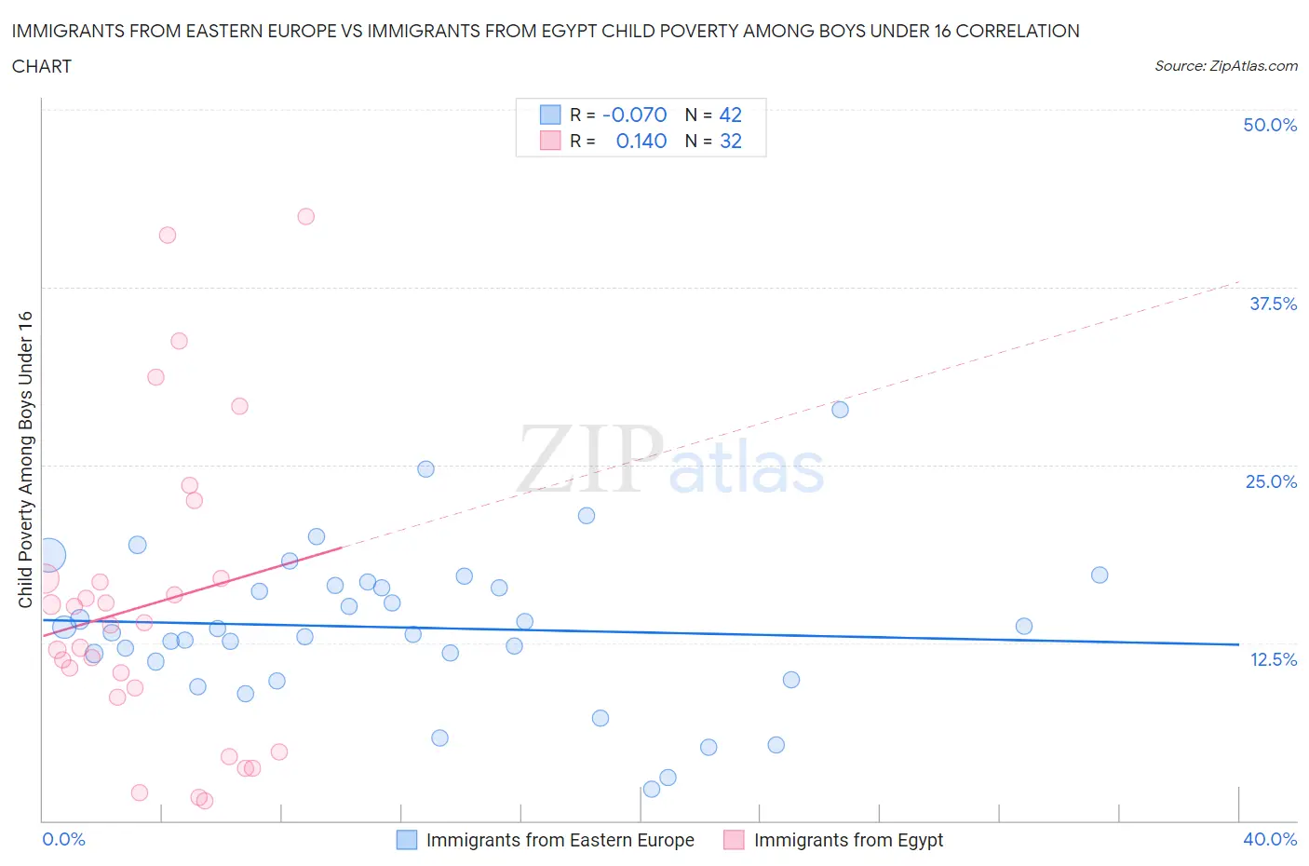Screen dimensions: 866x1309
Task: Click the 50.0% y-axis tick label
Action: [1270, 125]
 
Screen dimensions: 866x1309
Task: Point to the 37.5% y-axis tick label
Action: [1273, 304]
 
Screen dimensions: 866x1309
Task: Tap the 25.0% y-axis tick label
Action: [1271, 481]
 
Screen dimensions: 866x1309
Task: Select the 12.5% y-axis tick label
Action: [1273, 659]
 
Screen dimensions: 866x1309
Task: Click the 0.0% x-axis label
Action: [64, 839]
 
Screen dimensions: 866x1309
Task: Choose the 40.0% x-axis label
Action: [1270, 839]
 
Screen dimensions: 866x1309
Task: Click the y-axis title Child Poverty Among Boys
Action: [26, 459]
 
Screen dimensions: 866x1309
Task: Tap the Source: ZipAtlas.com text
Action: [1225, 66]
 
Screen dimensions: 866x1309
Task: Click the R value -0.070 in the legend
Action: [634, 115]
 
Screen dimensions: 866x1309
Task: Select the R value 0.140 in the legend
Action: [641, 141]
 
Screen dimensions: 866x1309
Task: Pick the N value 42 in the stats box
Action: [730, 115]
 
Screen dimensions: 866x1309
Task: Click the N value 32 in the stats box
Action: [730, 141]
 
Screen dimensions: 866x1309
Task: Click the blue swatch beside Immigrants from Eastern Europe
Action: [407, 840]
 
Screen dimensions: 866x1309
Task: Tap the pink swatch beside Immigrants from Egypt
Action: [734, 840]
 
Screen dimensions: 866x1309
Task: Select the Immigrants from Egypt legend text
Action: [848, 840]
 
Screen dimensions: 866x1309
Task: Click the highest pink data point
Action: [305, 216]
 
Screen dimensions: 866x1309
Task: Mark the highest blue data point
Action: [840, 410]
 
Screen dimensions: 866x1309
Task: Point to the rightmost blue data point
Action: [1100, 575]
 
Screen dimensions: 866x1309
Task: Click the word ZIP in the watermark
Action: [590, 459]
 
